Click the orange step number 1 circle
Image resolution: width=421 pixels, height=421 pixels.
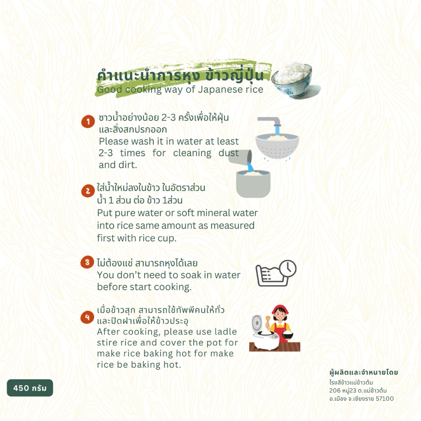pyautogui.click(x=88, y=122)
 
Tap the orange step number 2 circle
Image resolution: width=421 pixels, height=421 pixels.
pyautogui.click(x=88, y=191)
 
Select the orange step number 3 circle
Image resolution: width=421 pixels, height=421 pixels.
pyautogui.click(x=87, y=262)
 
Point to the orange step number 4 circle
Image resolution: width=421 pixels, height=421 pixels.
pyautogui.click(x=87, y=317)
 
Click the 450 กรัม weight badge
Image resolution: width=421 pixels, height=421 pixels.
pyautogui.click(x=30, y=388)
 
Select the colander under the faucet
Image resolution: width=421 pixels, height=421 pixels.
pyautogui.click(x=277, y=146)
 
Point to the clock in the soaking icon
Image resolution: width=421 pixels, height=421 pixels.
pyautogui.click(x=288, y=268)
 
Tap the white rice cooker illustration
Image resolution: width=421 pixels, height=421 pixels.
pyautogui.click(x=264, y=333)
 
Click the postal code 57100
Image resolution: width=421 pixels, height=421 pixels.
pyautogui.click(x=384, y=399)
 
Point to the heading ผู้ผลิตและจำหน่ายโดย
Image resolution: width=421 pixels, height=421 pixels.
pyautogui.click(x=363, y=372)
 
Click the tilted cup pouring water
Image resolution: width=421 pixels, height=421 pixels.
pyautogui.click(x=240, y=157)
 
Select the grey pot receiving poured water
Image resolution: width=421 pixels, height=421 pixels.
pyautogui.click(x=253, y=184)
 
